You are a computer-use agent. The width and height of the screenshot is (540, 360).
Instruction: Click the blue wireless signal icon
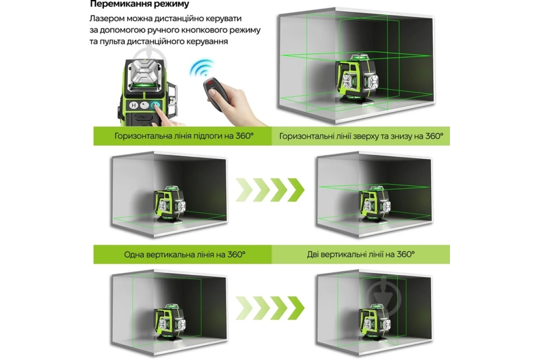coord(201,67)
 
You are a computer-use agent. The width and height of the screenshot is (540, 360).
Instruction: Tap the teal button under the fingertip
coord(155,105)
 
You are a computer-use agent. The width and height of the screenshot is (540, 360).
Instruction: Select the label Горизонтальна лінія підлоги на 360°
coord(184,136)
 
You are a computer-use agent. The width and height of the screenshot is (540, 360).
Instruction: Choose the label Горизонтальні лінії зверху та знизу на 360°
coord(361,136)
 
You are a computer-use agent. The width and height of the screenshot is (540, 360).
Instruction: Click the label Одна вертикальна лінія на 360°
coord(184,255)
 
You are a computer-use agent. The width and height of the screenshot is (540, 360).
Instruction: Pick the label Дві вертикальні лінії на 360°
coord(360,254)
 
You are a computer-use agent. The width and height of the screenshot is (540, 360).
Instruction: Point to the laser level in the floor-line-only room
coord(170,204)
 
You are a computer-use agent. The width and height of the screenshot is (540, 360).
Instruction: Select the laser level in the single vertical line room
coord(170,322)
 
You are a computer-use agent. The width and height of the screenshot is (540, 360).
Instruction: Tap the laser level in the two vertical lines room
coord(375,323)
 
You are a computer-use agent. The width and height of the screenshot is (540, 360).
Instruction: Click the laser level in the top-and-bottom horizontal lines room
coord(375,204)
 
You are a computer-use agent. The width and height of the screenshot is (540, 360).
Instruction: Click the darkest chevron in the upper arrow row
coord(296,190)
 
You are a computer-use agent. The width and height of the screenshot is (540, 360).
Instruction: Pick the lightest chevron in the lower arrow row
coord(244,308)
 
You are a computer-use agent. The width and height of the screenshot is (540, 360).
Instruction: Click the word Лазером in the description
coord(107,18)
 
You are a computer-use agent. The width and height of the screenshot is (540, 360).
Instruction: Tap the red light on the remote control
coord(211,82)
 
